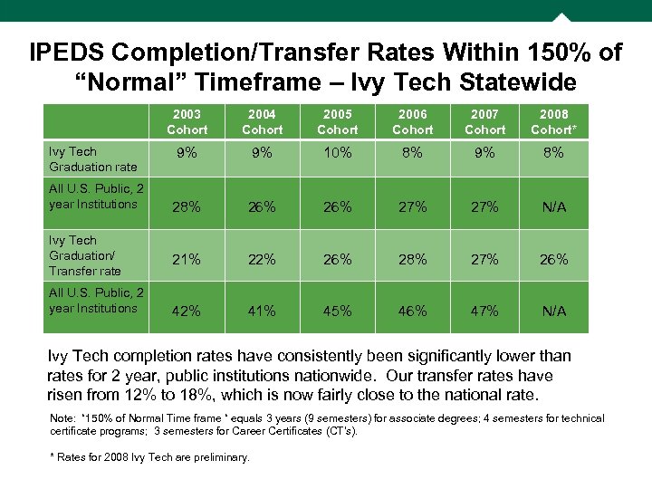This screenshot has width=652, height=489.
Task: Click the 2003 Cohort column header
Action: (187, 122)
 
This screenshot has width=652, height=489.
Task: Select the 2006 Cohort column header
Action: (412, 122)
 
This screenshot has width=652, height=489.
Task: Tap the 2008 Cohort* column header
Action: (553, 122)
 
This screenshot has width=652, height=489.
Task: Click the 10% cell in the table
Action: (337, 153)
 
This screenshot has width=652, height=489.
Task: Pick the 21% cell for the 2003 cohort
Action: (187, 259)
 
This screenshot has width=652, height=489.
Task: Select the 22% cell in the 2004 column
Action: (262, 259)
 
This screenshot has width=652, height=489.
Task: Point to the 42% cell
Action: (187, 311)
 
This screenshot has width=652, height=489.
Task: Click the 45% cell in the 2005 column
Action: (337, 311)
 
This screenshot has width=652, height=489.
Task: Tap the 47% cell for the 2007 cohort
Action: (484, 311)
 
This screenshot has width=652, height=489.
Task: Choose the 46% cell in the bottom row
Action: (412, 311)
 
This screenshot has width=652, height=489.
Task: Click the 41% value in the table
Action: (262, 311)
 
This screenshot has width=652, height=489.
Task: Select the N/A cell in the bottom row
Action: (553, 311)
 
